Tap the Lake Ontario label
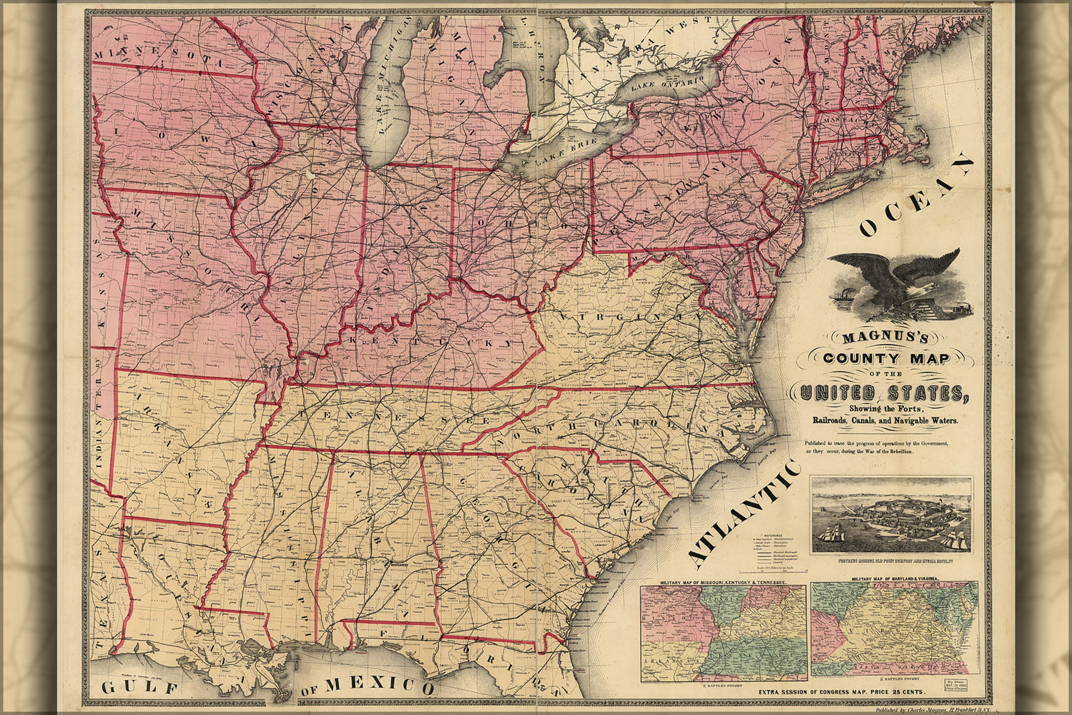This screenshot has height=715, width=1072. point(669,84)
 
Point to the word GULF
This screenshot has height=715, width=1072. point(139,688)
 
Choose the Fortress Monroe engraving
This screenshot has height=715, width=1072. point(891,515)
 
